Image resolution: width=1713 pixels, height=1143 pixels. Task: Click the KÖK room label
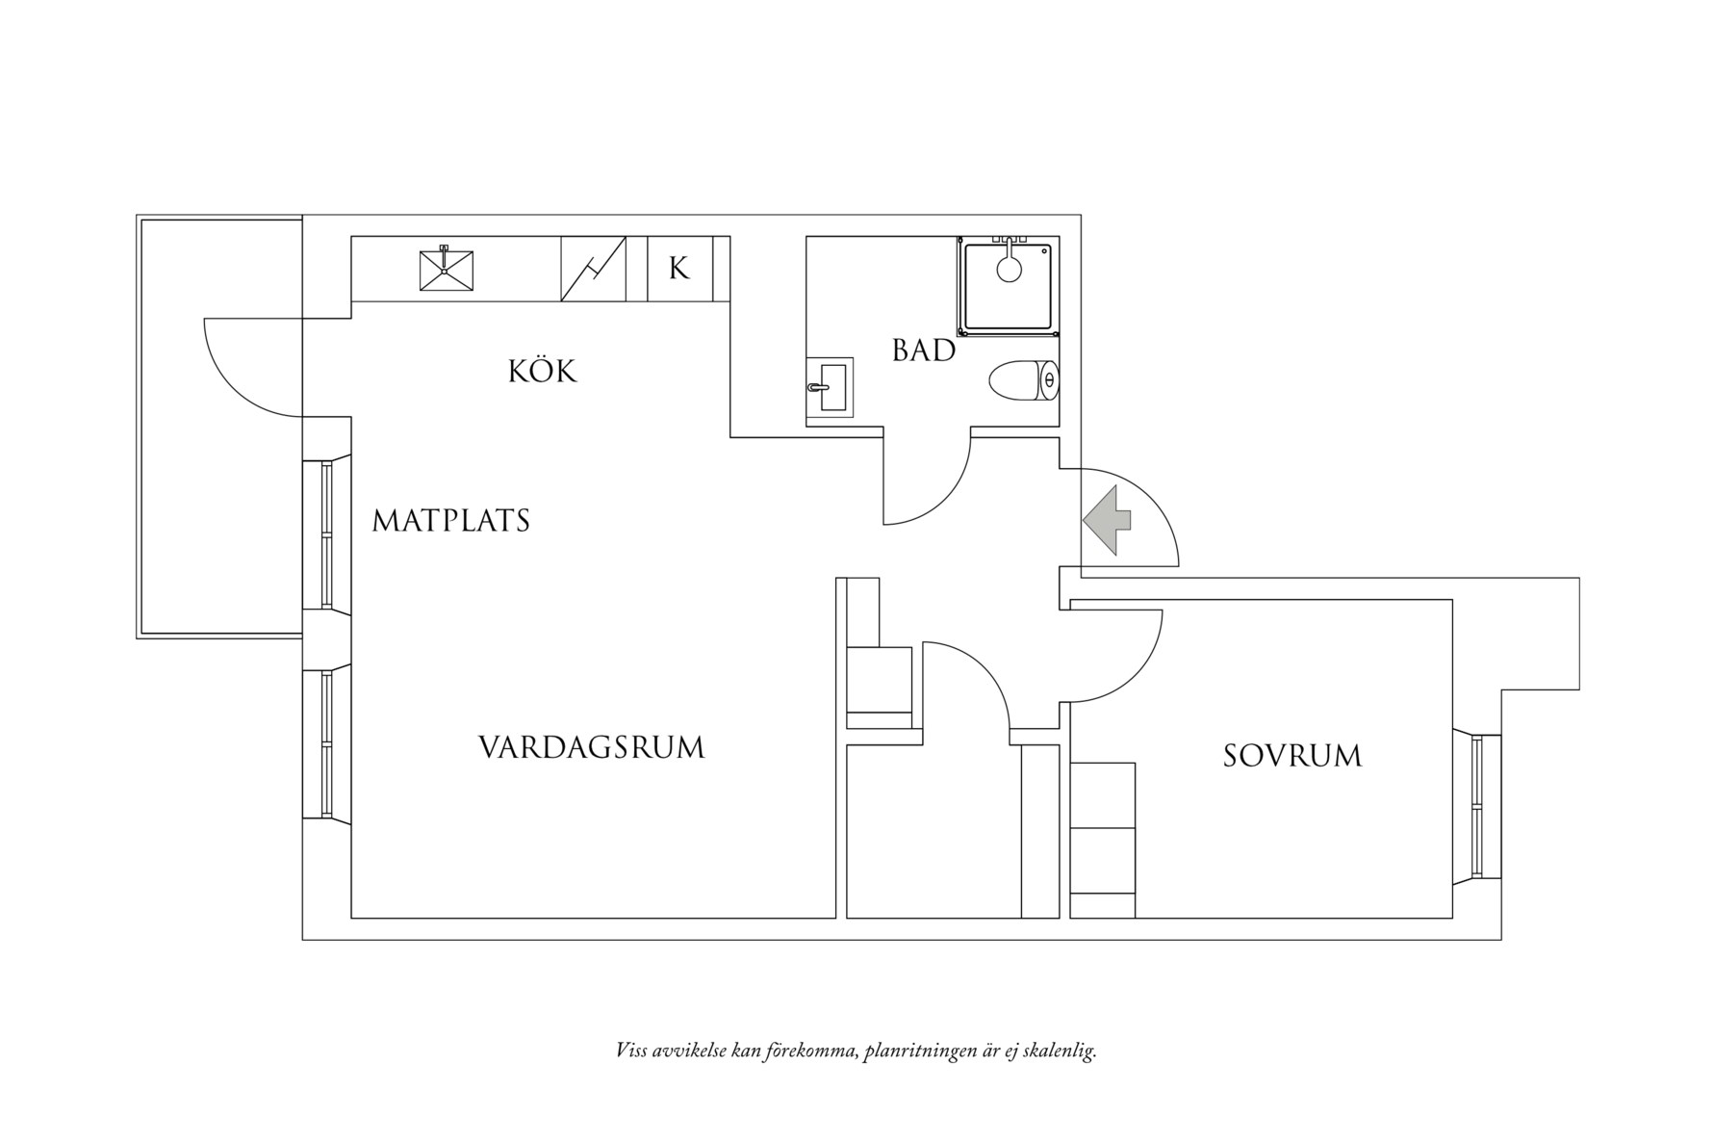[x=542, y=372]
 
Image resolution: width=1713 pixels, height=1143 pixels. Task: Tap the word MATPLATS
[x=450, y=521]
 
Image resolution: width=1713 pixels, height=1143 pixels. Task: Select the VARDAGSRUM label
[x=591, y=748]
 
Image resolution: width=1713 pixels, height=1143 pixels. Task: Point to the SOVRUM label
[x=1291, y=756]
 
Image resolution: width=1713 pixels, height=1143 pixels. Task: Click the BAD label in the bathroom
[x=923, y=351]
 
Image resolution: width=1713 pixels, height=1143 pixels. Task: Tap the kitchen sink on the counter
[x=447, y=270]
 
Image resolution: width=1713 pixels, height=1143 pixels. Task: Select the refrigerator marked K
[x=679, y=269]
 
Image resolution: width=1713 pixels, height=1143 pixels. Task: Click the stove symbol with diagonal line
[x=593, y=269]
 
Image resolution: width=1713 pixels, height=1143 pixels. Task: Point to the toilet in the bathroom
[x=1023, y=380]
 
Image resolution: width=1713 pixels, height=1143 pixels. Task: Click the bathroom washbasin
[x=829, y=388]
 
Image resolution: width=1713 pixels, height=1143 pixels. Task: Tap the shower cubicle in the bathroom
[x=1008, y=286]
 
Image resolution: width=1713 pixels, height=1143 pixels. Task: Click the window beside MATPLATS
[x=326, y=534]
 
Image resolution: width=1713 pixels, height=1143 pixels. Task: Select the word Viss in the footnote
[x=630, y=1051]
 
